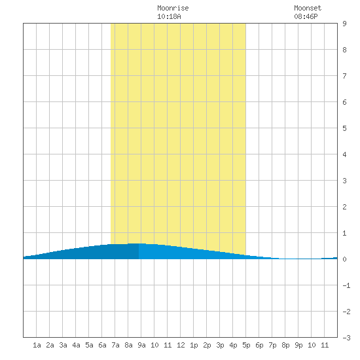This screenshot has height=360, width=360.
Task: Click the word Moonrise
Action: coord(173,8)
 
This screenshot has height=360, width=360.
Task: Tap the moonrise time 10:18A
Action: coord(169,16)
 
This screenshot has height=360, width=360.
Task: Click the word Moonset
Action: coord(308,8)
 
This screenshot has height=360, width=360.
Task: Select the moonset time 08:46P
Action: coord(306,16)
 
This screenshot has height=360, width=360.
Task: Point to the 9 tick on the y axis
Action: coord(344,24)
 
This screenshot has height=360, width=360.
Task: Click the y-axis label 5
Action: coord(344,128)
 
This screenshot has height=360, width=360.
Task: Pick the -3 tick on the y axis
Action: coord(346,338)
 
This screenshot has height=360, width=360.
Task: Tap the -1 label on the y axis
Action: coord(346,285)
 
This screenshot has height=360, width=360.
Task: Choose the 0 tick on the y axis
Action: coord(344,259)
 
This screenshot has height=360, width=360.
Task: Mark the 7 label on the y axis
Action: coord(344,76)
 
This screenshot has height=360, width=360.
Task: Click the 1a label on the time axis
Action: coord(37,345)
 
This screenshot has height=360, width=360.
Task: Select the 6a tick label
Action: coord(102,345)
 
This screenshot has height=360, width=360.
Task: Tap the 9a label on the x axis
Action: coord(141,345)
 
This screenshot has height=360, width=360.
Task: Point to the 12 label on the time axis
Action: coord(181,345)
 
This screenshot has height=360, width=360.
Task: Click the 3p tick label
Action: coord(220,345)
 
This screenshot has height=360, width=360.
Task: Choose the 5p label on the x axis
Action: coord(246,345)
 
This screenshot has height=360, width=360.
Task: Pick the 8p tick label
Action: coord(285,345)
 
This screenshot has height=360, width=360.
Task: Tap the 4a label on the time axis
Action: coord(76,345)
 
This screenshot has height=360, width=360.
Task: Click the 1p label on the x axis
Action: coord(194,345)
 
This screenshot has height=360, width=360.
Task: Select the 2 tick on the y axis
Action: coord(344,207)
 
